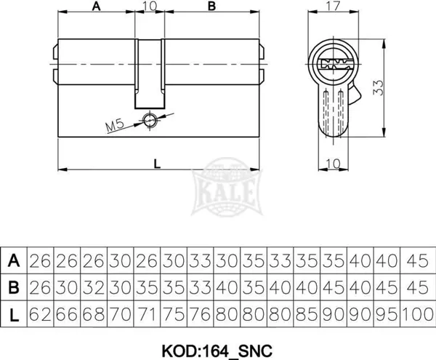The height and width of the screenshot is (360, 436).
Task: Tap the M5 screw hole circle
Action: pos(150,121)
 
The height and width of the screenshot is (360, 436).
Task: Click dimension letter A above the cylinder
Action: pos(96,6)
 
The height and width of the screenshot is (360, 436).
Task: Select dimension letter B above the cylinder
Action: pos(212,6)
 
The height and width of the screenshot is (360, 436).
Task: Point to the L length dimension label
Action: pos(157,164)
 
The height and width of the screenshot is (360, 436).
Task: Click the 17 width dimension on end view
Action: pos(333,6)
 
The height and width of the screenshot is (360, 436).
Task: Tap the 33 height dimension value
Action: pos(378,87)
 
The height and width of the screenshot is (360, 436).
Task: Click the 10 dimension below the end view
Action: pos(333,164)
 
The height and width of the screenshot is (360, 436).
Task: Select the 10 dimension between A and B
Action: pos(150,6)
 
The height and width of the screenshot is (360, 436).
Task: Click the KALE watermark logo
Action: pos(227,187)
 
